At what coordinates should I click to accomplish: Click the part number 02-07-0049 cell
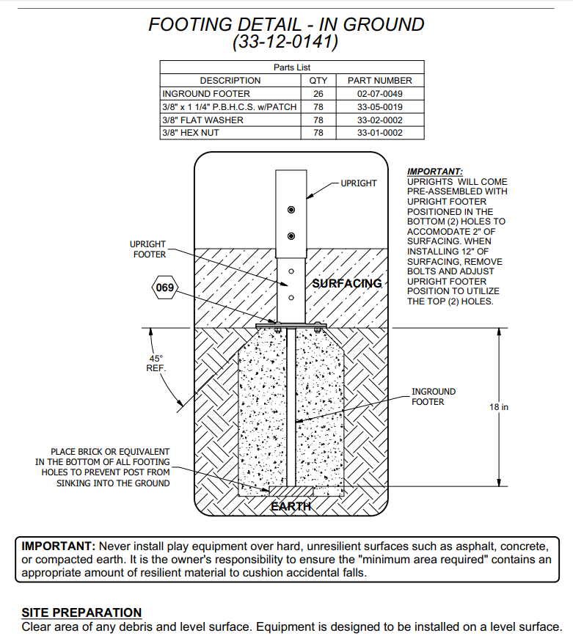(x=379, y=94)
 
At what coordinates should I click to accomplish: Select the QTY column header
(x=318, y=81)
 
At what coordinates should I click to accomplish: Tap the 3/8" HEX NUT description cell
(x=190, y=133)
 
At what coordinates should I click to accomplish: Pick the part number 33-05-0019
(x=379, y=107)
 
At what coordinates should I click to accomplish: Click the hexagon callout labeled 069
(x=165, y=288)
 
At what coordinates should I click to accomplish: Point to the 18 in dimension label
(x=499, y=406)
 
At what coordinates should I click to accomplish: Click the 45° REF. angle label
(x=156, y=363)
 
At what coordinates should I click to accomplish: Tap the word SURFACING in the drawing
(x=347, y=283)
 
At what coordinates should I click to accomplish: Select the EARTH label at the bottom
(x=291, y=506)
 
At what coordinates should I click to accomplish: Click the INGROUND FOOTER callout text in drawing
(x=434, y=397)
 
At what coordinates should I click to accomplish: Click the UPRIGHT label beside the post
(x=359, y=183)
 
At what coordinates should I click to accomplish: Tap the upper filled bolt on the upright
(x=291, y=211)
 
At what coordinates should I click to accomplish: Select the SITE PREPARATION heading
(x=81, y=612)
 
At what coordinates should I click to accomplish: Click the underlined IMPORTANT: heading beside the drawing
(x=435, y=172)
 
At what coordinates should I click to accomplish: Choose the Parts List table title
(x=292, y=67)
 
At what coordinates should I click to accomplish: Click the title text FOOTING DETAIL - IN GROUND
(x=286, y=24)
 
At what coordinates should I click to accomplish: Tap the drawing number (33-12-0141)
(x=286, y=43)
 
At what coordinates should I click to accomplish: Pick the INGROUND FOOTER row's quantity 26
(x=318, y=94)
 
